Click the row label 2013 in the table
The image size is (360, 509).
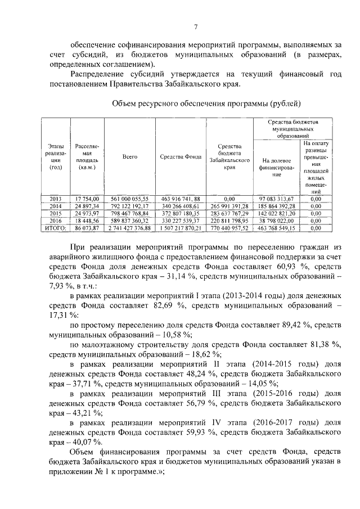[x=55, y=199]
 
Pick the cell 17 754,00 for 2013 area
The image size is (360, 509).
[x=86, y=199]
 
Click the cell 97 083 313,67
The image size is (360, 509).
[x=276, y=199]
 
